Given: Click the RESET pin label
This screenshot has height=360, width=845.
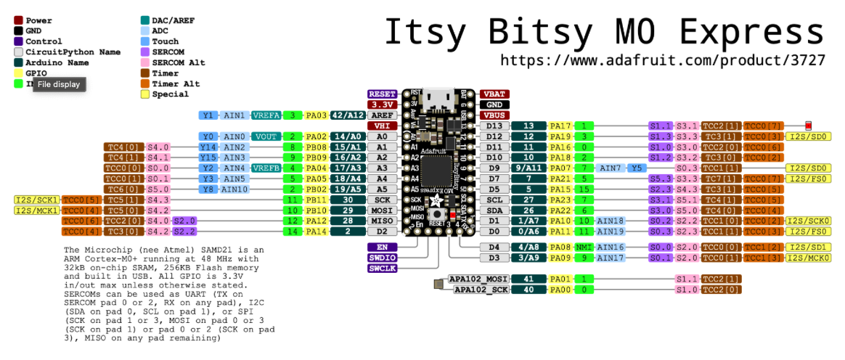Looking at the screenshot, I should (382, 94).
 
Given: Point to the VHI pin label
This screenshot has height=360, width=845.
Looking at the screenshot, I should (382, 126).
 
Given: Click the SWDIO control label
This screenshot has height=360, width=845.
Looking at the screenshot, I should (382, 258).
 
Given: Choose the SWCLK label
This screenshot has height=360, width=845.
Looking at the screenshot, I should (382, 269).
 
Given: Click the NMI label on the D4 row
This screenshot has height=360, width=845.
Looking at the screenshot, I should (581, 247).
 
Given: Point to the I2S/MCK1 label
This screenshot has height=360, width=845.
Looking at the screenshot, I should (37, 210).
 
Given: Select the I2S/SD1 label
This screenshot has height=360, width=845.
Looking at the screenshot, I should (807, 247).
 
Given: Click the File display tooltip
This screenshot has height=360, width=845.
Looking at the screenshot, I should (60, 85).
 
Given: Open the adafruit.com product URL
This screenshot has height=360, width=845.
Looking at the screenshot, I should (662, 60).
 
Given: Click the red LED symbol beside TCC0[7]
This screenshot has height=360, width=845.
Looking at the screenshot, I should (809, 126).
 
